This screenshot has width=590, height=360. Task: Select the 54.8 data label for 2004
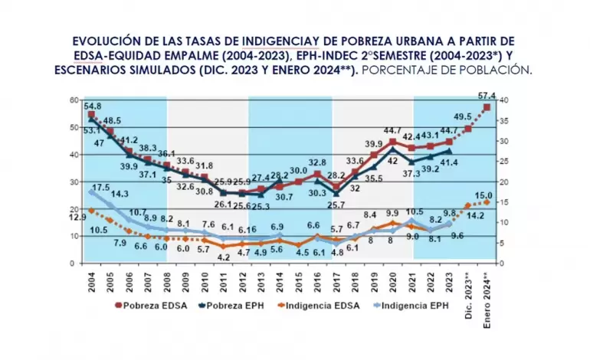[93, 105]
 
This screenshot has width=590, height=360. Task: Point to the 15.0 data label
[484, 196]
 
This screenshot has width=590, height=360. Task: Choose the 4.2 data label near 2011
[224, 257]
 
